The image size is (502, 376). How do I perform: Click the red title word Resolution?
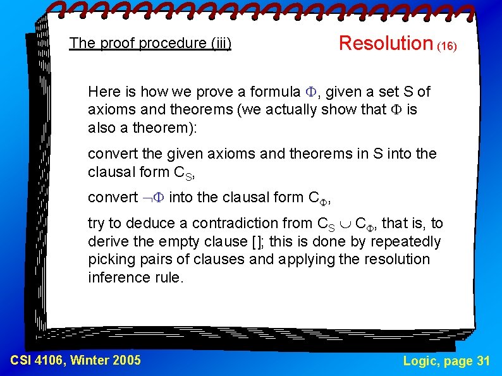pos(385,43)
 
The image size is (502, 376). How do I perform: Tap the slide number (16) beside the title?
pos(447,46)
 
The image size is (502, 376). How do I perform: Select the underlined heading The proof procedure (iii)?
pos(150,44)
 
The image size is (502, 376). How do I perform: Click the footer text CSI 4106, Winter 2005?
pos(76,360)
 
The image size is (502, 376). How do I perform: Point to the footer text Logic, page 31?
pos(446,360)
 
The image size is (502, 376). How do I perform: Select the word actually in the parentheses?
pos(298,109)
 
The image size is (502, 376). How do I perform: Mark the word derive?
pos(107,241)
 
